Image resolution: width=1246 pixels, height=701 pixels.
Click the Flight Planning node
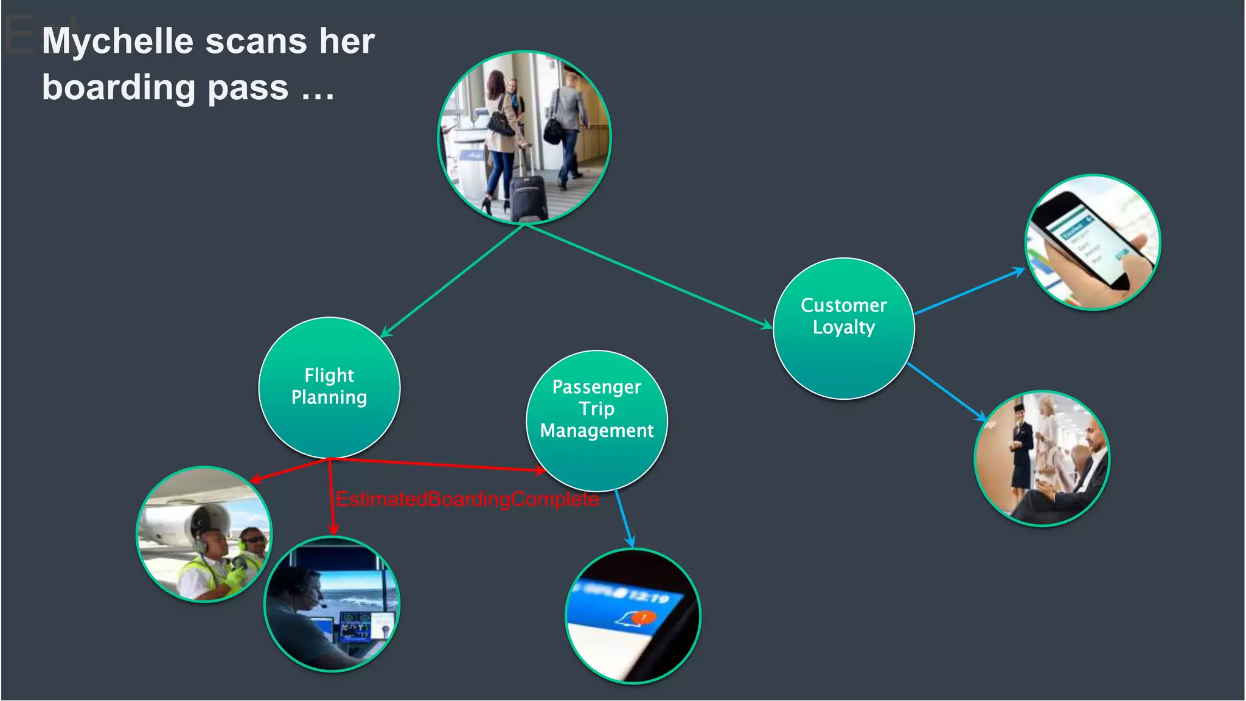(329, 387)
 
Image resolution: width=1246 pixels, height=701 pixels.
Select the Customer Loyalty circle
(843, 328)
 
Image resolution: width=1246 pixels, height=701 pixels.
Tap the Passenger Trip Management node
(596, 420)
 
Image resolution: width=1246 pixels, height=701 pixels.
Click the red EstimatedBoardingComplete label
(467, 500)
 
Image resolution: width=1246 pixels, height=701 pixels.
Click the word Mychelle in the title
(117, 41)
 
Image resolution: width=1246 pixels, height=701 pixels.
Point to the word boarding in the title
(119, 88)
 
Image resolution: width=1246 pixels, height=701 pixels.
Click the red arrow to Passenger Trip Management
(438, 464)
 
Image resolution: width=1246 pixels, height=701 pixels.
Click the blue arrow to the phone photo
(970, 291)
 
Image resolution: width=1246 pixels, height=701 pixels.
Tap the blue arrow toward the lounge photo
(947, 392)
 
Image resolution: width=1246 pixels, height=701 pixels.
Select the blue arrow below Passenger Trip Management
(624, 518)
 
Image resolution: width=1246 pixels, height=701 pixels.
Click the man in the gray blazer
(569, 122)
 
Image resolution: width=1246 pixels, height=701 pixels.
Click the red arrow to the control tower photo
(331, 496)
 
